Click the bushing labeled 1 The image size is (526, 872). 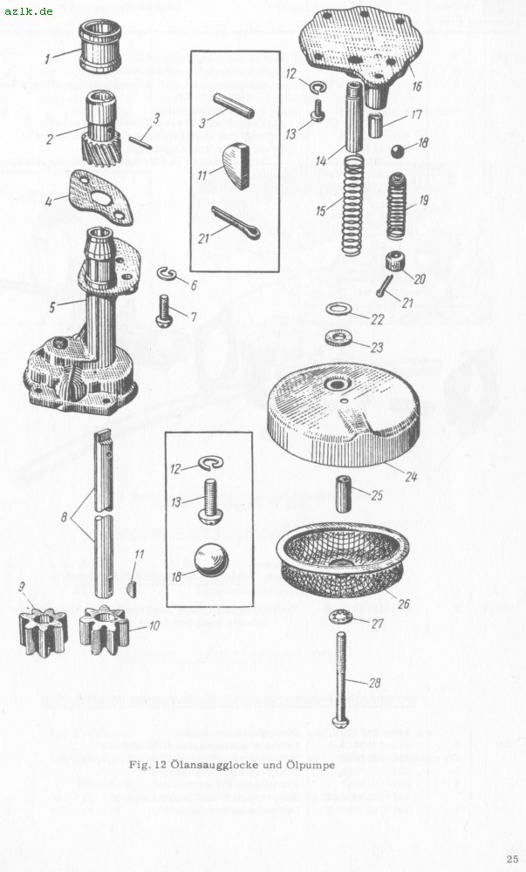tap(99, 47)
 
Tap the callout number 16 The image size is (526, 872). tap(416, 86)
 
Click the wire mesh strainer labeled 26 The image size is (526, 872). tap(343, 559)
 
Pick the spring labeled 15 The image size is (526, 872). tap(352, 205)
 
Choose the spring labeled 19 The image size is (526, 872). tap(396, 207)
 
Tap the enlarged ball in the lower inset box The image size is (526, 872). tap(211, 560)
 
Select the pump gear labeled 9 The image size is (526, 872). tap(42, 632)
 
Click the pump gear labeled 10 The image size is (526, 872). tap(105, 630)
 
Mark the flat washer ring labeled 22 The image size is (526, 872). tap(338, 309)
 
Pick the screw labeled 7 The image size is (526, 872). tap(164, 311)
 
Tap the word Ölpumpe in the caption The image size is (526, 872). tap(311, 765)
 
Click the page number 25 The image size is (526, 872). tap(512, 859)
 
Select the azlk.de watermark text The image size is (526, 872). tap(29, 10)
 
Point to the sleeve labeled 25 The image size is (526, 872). tap(343, 494)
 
